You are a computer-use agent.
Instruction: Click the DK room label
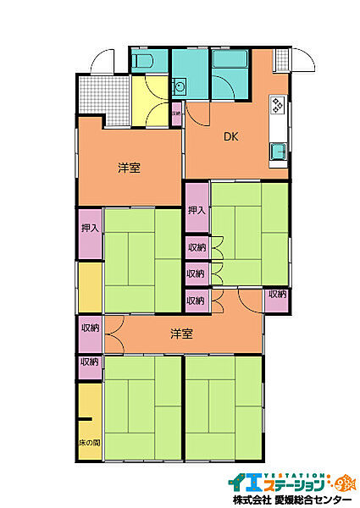(230, 135)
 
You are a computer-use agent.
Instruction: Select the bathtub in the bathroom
(228, 63)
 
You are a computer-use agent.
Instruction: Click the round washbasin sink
(179, 86)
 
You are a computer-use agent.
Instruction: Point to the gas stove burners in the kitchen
(277, 107)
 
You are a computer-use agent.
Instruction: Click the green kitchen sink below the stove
(277, 153)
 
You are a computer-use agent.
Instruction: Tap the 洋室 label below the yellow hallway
(129, 167)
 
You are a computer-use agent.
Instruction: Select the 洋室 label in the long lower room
(180, 334)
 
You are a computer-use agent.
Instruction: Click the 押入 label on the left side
(90, 229)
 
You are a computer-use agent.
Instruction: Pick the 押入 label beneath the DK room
(197, 210)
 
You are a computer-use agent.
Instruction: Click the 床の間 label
(90, 443)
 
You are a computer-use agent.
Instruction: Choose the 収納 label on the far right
(276, 295)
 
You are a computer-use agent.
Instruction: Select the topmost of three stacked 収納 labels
(197, 247)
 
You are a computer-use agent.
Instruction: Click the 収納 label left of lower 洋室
(90, 328)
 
